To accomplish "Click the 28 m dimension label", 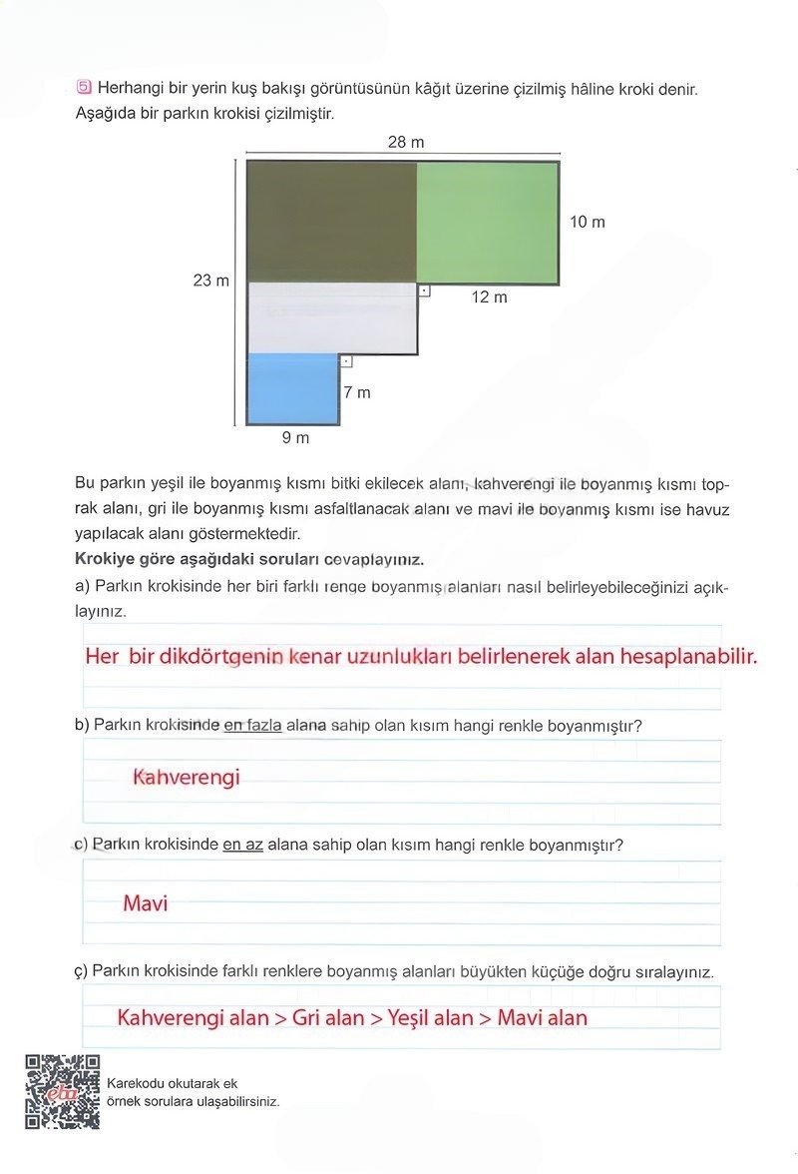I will coord(406,143).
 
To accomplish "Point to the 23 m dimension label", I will coord(210,281).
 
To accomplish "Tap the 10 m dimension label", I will coord(588,222).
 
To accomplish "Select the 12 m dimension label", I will coord(489,297).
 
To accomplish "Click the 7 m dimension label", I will coord(357,392).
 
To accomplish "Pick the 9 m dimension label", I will coord(295,438).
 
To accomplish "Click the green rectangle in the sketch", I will coord(487,222).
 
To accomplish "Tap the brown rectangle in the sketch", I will coord(331,222).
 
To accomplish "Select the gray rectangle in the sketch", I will coord(331,318).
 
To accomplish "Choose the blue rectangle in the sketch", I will coord(293,389).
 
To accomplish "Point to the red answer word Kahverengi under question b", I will coord(187,777).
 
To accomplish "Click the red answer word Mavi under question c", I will coord(146,903).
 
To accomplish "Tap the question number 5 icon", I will coord(83,88).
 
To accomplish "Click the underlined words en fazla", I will coord(252,726).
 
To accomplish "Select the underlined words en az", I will coord(242,845).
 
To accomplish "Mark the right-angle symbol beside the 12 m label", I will coord(424,292).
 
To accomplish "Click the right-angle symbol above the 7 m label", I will coord(346,362).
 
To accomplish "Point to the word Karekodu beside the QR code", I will coord(135,1082).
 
